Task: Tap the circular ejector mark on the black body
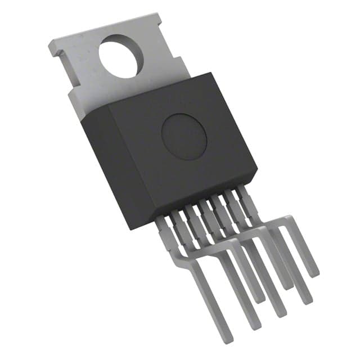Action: click(183, 135)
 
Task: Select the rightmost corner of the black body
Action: click(257, 169)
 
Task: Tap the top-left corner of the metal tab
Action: click(49, 42)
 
